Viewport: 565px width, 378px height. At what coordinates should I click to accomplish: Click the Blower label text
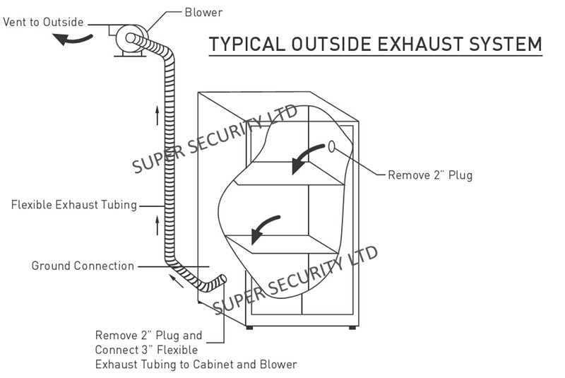click(203, 13)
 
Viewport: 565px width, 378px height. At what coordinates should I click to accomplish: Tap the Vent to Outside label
click(43, 22)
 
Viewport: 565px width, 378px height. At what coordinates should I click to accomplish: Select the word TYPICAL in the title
click(247, 44)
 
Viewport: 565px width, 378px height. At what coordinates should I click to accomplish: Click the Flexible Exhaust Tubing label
click(74, 205)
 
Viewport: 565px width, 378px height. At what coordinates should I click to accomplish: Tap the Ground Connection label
click(83, 266)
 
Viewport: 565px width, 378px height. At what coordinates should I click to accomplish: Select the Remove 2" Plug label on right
click(430, 175)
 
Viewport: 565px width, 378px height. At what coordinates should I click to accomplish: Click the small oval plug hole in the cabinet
click(331, 147)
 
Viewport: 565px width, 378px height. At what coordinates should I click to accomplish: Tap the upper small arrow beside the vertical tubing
click(157, 115)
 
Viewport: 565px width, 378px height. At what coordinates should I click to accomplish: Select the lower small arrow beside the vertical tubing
click(157, 225)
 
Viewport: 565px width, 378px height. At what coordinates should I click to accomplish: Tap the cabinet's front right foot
click(352, 328)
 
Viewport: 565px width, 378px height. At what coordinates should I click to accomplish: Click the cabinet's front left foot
click(249, 328)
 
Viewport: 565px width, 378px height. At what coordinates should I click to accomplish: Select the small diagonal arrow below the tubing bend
click(177, 281)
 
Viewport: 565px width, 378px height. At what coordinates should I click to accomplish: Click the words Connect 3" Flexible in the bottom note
click(146, 350)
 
